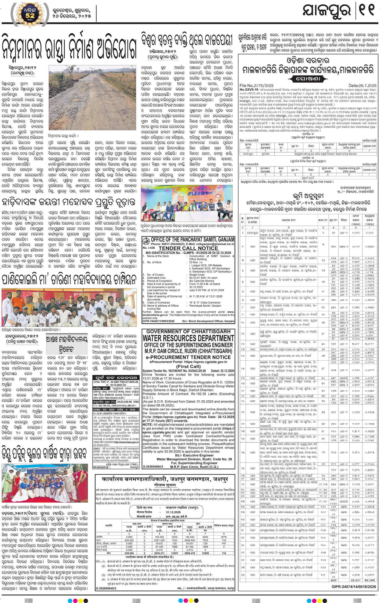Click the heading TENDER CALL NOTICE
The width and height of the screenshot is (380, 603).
tap(188, 248)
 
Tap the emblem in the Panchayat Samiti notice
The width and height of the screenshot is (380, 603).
tap(146, 242)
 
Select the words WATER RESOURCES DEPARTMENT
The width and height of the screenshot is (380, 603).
tap(188, 338)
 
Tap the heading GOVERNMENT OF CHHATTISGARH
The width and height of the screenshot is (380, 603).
tap(188, 331)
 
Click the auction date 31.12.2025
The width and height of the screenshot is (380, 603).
tap(173, 512)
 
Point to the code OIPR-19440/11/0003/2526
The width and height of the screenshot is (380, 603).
tap(159, 321)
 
